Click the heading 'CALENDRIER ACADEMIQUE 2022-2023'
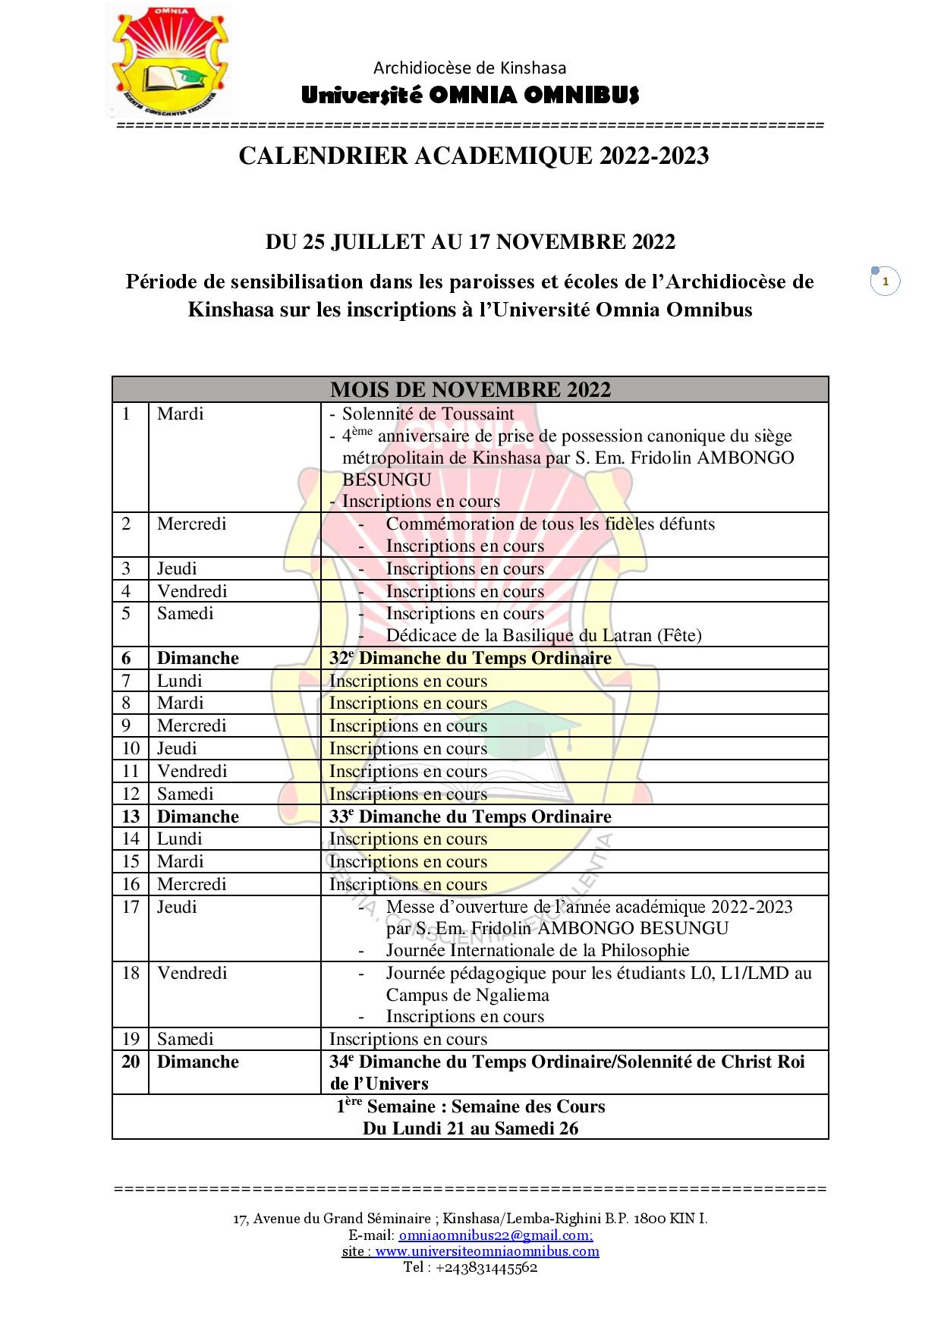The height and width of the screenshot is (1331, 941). tap(474, 156)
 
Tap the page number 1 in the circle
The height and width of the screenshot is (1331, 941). tap(885, 282)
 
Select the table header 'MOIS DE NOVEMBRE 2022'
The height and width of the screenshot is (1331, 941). tap(470, 389)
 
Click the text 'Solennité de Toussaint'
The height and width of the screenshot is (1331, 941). tap(428, 414)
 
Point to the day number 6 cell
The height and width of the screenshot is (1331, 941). tap(127, 658)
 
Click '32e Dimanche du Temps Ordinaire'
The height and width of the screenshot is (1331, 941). tap(470, 658)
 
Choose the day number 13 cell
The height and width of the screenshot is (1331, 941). tap(131, 817)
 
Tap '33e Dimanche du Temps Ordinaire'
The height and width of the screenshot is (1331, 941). tap(470, 817)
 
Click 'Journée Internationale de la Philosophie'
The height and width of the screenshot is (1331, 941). tap(537, 950)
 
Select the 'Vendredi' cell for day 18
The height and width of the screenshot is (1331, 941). tap(192, 973)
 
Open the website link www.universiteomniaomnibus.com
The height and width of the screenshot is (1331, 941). tap(487, 1251)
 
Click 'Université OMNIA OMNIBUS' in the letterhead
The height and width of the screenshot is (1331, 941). tap(470, 96)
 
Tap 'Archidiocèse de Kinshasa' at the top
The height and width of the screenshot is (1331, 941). tap(470, 68)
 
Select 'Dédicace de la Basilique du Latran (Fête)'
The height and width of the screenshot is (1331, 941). tap(543, 635)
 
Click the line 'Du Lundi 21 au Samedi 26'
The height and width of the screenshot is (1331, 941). tap(470, 1128)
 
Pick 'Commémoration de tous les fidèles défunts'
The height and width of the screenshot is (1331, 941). tap(550, 524)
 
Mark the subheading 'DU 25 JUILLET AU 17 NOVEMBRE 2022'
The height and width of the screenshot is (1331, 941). tap(470, 242)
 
